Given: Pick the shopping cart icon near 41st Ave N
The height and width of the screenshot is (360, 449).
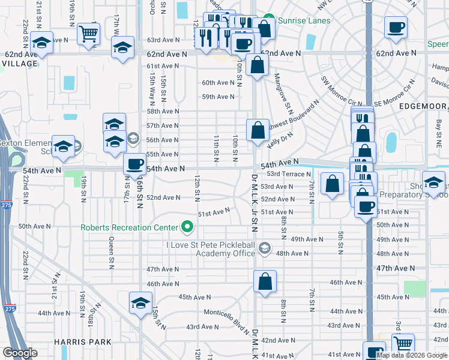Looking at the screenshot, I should tap(403, 343).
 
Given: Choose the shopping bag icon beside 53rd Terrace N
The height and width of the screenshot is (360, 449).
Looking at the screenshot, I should tap(332, 184).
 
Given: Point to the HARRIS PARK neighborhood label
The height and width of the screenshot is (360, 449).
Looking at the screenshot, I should tap(82, 342).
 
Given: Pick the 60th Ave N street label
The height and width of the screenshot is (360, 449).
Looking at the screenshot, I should tap(217, 83).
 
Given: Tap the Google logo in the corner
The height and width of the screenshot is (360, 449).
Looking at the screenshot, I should tap(20, 353).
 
